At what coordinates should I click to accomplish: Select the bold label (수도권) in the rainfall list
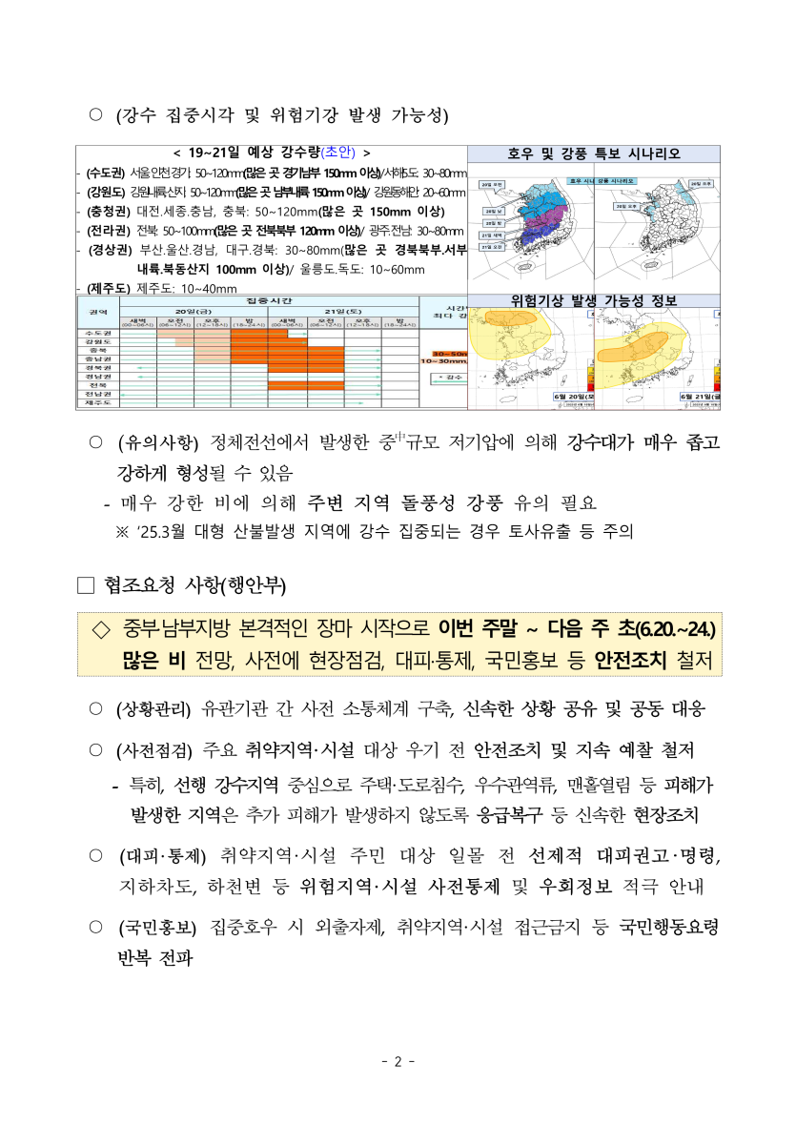point(104,173)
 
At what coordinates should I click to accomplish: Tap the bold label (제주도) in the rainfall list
point(110,288)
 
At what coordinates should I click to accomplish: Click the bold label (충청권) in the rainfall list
point(110,211)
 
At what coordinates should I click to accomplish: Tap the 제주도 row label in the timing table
point(97,403)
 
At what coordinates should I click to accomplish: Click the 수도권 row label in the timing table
point(97,332)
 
